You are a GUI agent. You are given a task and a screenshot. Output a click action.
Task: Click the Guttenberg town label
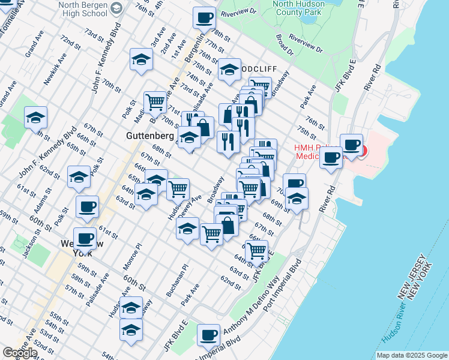coord(149,136)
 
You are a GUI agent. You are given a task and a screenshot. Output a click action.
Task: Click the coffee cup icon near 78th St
coord(204,17)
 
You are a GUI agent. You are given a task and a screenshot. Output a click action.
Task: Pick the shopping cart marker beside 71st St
coord(155,102)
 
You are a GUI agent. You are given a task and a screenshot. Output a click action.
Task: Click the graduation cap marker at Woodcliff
coord(229,69)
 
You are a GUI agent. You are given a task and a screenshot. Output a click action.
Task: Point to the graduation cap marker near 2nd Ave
coord(141,59)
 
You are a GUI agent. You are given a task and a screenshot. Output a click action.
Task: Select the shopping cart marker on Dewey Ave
coord(178,189)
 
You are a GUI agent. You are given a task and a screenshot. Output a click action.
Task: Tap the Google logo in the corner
coord(20,353)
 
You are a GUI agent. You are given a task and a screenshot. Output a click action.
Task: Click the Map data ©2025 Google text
coord(411,355)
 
